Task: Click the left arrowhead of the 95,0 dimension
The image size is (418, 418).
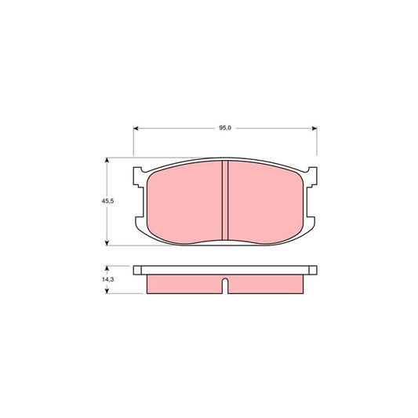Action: coord(136,128)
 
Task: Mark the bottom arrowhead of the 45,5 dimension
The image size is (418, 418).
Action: coord(107,243)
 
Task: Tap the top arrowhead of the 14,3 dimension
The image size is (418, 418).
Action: coord(107,269)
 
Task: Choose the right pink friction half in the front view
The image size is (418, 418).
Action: coord(264,200)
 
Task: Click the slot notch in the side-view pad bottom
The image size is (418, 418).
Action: coord(225,286)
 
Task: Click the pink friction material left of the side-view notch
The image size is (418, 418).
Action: coord(184,284)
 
